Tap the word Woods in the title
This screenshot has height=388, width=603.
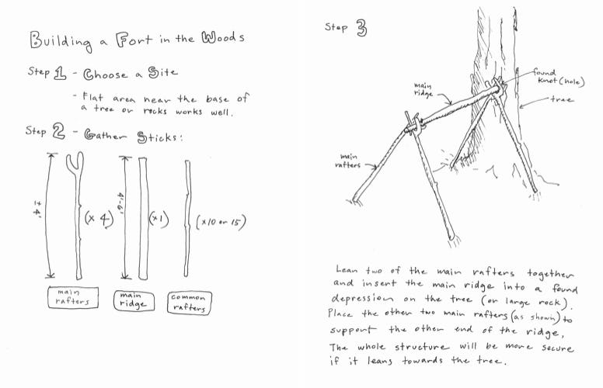coord(224,38)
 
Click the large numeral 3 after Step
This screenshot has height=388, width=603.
coord(361,29)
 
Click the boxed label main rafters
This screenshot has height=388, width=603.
coord(74,298)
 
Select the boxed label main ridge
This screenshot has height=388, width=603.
coord(130,300)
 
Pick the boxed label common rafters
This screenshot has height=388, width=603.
coord(188,302)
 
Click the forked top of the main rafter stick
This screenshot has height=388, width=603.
coord(76,165)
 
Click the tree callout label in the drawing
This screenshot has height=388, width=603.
coord(561,99)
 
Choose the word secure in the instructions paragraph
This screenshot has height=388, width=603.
coord(552,348)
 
